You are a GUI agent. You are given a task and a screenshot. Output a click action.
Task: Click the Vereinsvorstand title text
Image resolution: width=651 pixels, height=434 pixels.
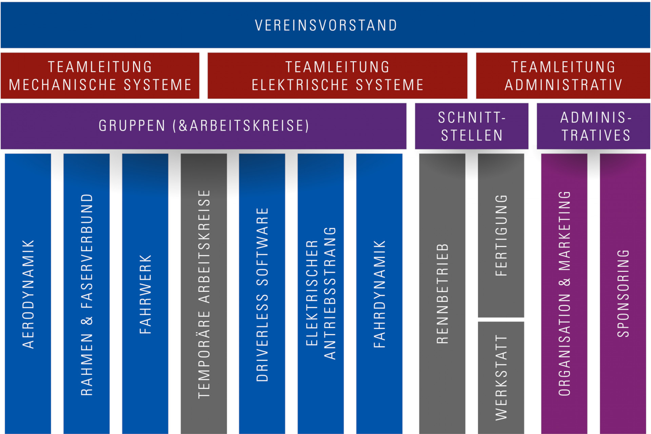click(325, 25)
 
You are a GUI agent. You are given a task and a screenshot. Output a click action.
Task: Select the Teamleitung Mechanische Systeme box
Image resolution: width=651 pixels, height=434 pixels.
click(100, 76)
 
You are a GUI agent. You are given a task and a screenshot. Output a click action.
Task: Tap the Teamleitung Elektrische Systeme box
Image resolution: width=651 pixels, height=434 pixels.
click(337, 76)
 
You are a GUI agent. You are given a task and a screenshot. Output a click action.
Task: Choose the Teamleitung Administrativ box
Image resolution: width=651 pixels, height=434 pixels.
click(563, 76)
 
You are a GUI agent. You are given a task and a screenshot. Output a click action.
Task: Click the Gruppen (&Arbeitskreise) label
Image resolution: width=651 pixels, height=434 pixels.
click(203, 126)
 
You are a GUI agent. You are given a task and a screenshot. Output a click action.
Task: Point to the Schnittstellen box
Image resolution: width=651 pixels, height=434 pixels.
click(472, 126)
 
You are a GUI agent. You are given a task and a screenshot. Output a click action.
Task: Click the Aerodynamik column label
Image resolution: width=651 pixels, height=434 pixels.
click(28, 294)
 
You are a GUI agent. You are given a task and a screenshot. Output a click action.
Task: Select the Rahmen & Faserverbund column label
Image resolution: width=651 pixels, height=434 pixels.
click(87, 294)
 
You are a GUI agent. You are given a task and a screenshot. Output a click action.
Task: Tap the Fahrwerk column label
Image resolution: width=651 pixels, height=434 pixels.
click(145, 294)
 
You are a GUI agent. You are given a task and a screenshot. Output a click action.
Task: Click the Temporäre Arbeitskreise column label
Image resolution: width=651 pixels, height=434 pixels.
click(204, 294)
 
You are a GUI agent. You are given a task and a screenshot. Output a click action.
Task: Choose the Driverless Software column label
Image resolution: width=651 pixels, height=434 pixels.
click(262, 294)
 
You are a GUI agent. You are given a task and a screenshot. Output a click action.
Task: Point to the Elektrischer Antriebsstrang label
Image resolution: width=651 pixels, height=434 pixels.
click(321, 294)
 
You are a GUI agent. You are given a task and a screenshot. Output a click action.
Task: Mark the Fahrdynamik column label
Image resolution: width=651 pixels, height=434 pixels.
click(379, 294)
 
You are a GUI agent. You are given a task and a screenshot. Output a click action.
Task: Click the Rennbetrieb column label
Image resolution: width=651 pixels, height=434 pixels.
click(442, 294)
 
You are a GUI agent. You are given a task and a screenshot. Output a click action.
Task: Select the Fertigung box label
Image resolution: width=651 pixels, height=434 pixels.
click(501, 235)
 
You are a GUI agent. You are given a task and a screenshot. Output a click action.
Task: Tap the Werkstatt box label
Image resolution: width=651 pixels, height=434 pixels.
click(501, 377)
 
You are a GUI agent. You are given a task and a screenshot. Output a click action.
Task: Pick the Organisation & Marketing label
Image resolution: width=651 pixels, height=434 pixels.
click(564, 294)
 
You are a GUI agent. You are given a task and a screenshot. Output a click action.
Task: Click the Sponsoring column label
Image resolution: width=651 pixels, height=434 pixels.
click(623, 294)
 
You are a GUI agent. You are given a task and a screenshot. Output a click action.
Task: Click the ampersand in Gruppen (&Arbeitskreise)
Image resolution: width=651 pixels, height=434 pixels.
click(183, 126)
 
